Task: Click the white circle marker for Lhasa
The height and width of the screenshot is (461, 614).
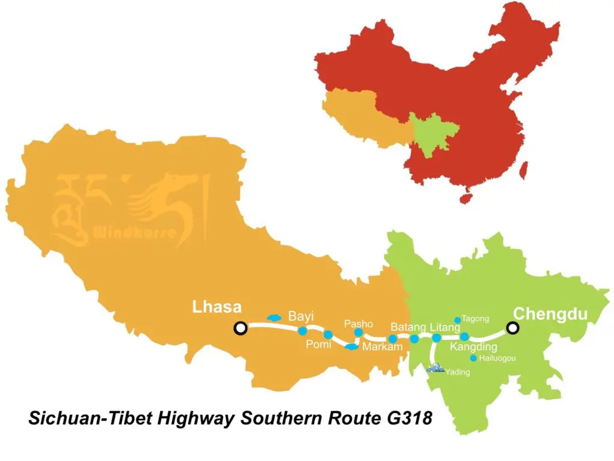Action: tap(240, 328)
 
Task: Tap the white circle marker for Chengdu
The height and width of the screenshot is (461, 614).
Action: tap(513, 328)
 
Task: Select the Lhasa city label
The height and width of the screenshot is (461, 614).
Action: tap(216, 308)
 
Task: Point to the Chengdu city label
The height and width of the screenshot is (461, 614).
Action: tap(550, 313)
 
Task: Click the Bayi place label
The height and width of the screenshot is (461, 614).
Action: tap(301, 316)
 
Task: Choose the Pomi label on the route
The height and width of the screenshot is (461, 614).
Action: tap(318, 344)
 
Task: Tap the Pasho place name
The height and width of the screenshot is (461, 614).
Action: tap(359, 324)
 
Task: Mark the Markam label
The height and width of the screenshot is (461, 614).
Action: tap(383, 347)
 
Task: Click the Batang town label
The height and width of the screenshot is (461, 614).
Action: tap(408, 327)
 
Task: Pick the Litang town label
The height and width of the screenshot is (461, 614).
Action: tap(445, 327)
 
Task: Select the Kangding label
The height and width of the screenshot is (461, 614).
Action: tap(473, 347)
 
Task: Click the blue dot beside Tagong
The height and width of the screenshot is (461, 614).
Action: tap(458, 320)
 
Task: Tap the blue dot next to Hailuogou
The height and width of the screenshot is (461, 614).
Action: tap(473, 358)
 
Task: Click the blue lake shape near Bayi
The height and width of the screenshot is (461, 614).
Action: tap(274, 317)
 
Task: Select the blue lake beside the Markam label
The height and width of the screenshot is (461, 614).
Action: tap(352, 346)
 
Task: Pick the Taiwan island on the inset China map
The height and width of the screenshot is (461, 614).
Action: tap(522, 170)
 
